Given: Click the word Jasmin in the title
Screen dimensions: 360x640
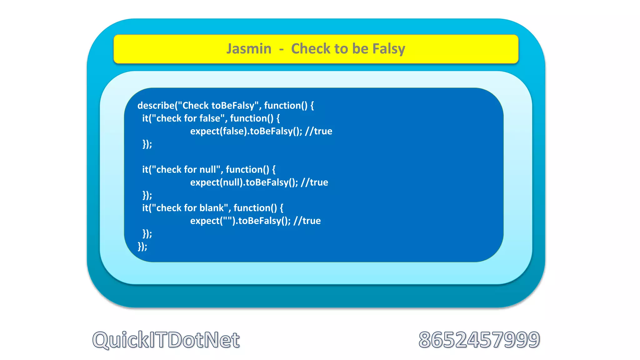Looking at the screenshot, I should tap(249, 49).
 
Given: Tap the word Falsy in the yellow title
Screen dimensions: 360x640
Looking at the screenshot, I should tap(389, 49).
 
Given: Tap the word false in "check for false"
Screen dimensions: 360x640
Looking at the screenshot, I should tap(210, 118).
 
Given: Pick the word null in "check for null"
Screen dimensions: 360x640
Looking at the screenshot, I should tap(207, 170).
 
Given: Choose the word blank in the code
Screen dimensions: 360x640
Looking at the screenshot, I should tap(212, 208).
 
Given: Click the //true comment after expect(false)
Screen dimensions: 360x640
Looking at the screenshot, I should tap(318, 131).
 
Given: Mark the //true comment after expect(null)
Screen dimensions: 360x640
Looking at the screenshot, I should tap(314, 182).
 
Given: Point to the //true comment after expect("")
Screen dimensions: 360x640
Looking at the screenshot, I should tap(307, 221).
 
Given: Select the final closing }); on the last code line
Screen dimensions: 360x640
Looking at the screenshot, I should tap(142, 247).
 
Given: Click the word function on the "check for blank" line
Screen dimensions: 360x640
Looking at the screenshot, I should tap(251, 208).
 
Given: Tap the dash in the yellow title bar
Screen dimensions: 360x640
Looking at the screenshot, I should tap(281, 49).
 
